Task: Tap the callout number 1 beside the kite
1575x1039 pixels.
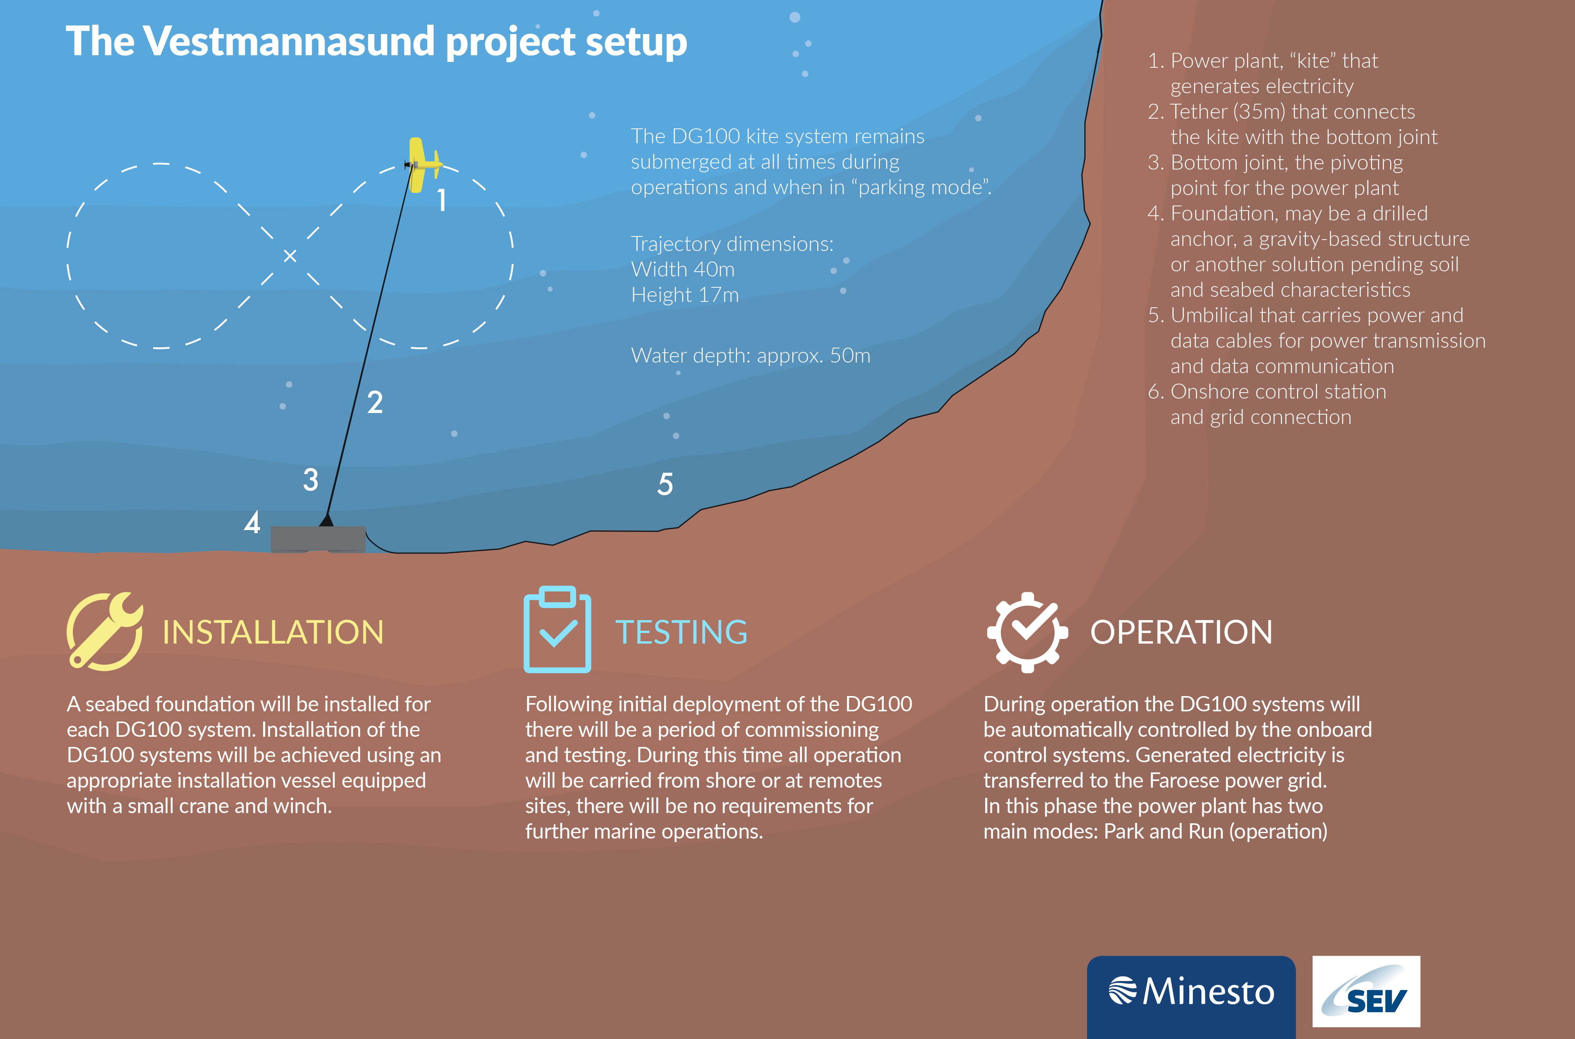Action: coord(441,199)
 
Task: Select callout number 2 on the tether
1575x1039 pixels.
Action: coord(375,402)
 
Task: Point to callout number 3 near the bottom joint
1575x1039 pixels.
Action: coord(310,480)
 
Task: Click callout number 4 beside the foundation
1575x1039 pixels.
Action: coord(252,523)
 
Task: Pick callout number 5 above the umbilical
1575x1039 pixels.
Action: coord(665,484)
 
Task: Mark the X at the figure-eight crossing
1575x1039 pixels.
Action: coord(290,256)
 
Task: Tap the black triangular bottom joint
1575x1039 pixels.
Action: coord(326,520)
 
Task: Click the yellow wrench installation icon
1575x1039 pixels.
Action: coord(105,631)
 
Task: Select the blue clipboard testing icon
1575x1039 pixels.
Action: coord(558,630)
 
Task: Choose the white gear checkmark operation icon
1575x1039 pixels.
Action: coord(1028,632)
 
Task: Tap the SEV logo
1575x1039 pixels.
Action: coord(1366,991)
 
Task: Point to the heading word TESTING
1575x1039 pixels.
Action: coord(681,632)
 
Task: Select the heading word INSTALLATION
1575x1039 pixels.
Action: coord(273,632)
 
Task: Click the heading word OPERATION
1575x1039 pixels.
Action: coord(1181,632)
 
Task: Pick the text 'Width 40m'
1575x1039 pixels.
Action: coord(683,270)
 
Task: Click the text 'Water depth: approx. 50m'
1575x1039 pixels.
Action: coord(750,356)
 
